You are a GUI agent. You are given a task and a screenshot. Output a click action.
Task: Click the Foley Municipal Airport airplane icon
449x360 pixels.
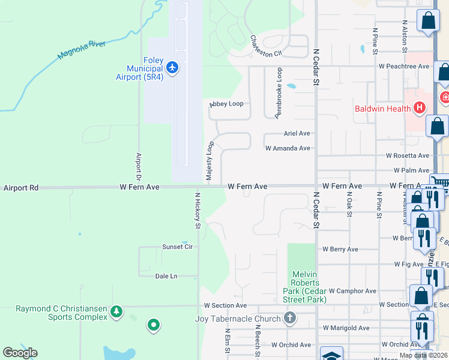[x=173, y=67]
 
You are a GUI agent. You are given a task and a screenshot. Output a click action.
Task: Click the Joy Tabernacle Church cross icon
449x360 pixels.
[x=289, y=317]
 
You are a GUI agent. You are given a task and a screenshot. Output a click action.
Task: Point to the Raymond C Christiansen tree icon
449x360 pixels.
[x=116, y=311]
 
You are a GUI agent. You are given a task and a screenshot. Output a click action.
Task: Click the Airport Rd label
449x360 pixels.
[x=20, y=188]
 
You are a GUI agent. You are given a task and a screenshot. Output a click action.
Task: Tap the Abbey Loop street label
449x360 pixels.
[x=226, y=104]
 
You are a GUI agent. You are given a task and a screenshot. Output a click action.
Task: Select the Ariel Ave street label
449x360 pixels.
[x=296, y=134]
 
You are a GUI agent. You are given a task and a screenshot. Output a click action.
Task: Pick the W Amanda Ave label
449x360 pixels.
[x=288, y=148]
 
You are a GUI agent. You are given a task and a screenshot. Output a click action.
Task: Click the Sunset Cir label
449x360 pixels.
[x=177, y=247]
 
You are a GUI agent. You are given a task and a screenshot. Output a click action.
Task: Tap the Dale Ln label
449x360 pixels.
[x=166, y=276]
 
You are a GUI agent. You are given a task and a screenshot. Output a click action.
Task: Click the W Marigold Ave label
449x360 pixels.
[x=346, y=328]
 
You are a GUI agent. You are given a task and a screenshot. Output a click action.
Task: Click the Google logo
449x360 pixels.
[x=20, y=353]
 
